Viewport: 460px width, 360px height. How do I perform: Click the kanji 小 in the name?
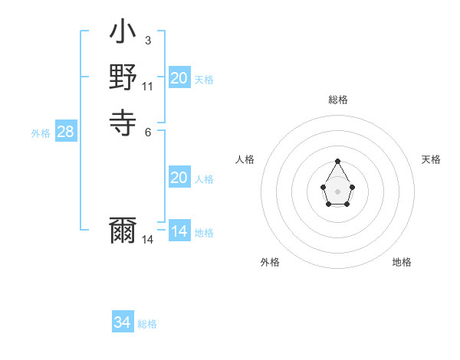123,34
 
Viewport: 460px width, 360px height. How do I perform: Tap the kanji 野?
123,77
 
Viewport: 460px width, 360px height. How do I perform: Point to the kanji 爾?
123,231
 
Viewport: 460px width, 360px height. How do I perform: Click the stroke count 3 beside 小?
147,40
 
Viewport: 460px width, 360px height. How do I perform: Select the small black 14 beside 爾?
148,240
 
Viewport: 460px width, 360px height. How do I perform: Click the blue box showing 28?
65,132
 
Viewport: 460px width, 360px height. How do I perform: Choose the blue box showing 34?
123,322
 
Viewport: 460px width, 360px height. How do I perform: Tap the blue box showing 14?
179,231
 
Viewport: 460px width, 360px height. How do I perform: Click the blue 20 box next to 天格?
179,78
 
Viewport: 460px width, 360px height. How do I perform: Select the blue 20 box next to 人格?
179,178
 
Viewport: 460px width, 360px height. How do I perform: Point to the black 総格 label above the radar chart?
337,100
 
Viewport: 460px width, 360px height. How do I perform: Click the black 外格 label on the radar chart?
270,262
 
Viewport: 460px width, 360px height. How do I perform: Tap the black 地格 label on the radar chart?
402,262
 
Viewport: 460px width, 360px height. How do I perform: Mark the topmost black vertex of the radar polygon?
337,161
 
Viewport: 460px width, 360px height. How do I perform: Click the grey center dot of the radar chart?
337,191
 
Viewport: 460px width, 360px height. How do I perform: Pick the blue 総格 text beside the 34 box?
147,324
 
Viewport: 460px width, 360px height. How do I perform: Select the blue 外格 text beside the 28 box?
41,133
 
